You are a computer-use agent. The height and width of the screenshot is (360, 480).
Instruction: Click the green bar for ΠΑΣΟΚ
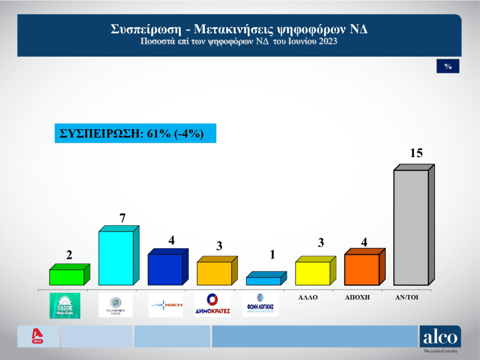(67, 277)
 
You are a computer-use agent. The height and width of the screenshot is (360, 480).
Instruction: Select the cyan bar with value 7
(116, 257)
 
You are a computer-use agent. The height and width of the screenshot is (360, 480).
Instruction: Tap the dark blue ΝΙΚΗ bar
(165, 269)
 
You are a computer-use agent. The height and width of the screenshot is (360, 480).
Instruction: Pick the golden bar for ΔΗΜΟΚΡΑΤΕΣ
(214, 273)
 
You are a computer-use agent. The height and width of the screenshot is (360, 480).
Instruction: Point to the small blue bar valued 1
(263, 280)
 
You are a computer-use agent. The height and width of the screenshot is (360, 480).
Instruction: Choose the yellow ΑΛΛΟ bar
(312, 273)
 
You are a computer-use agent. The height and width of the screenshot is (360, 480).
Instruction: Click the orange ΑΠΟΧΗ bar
(361, 269)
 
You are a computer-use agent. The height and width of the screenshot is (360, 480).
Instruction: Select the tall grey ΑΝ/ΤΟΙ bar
(410, 227)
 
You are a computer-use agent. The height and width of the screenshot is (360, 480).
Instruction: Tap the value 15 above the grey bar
(416, 153)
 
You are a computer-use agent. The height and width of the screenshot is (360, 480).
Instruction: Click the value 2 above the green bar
(69, 255)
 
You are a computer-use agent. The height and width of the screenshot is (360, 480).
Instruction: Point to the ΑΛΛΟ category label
(308, 298)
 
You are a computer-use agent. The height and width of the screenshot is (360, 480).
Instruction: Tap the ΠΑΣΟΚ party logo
(65, 305)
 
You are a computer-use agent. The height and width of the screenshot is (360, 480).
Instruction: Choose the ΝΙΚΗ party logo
(166, 305)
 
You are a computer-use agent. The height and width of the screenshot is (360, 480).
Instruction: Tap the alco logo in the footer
(440, 337)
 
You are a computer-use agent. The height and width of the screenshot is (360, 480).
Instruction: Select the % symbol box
(448, 66)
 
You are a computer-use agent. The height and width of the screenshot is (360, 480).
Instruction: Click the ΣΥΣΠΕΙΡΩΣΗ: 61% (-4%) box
(135, 134)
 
